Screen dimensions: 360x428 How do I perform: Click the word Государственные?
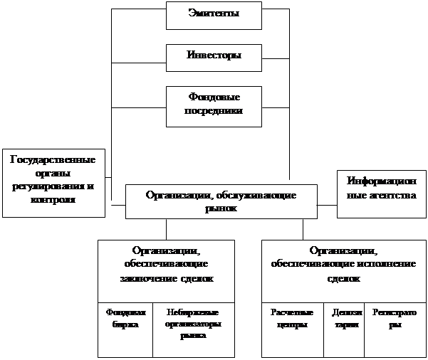click(x=54, y=159)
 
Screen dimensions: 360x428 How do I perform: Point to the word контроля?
click(x=54, y=200)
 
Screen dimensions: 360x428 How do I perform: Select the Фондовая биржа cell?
click(x=125, y=317)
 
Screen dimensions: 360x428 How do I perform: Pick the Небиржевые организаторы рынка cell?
click(x=193, y=323)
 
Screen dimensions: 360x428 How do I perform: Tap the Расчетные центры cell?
click(x=292, y=317)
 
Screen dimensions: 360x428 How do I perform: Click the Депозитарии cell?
click(x=343, y=317)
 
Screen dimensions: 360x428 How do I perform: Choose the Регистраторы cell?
click(x=395, y=317)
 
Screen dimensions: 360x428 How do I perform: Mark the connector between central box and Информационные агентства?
click(x=327, y=205)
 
